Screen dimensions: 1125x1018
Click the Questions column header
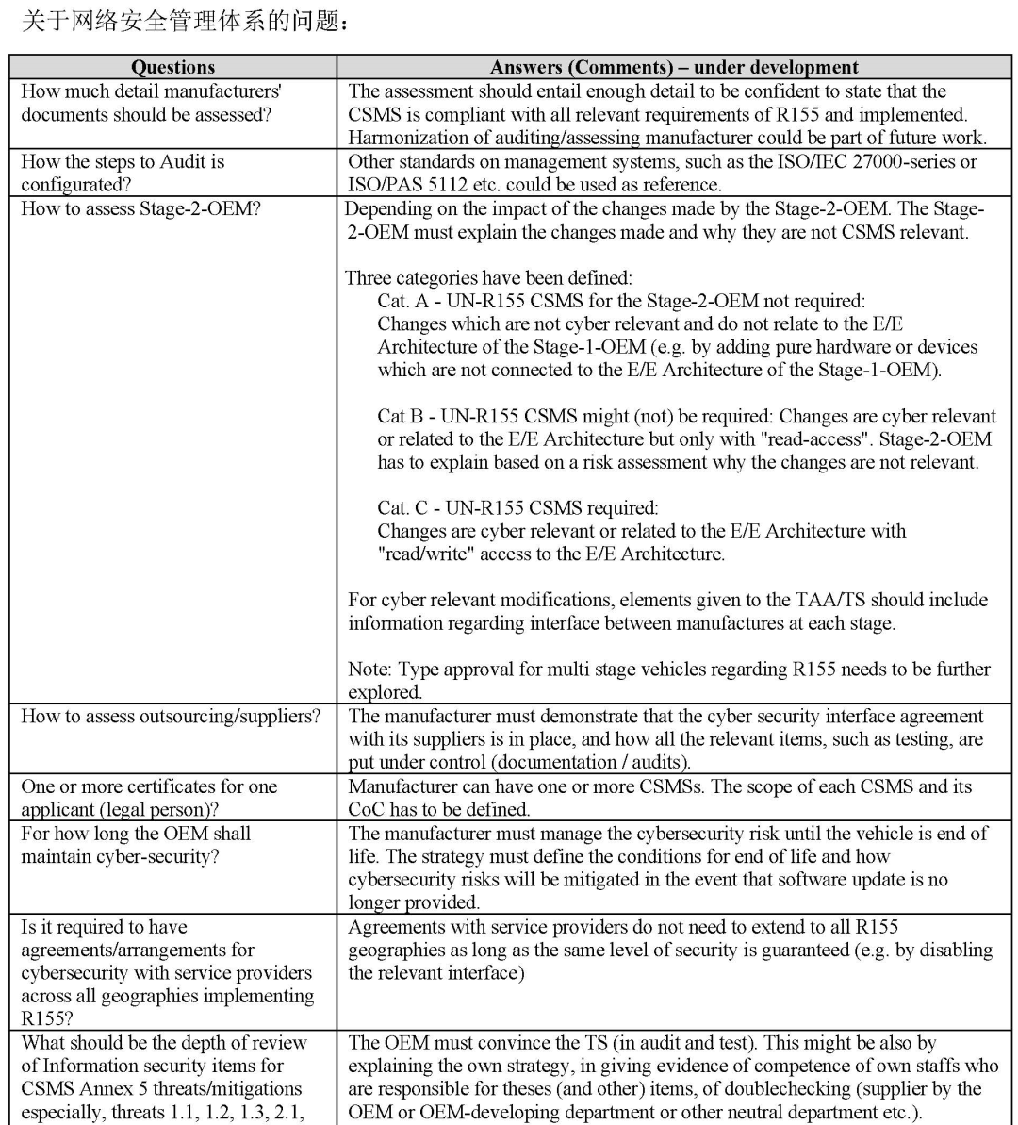[x=172, y=67]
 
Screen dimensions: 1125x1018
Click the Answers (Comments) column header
[x=674, y=67]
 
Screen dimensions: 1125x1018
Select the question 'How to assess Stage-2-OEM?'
[x=140, y=208]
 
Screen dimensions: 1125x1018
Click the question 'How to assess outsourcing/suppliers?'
[x=171, y=717]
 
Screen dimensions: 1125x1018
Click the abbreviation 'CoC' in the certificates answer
[x=368, y=809]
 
